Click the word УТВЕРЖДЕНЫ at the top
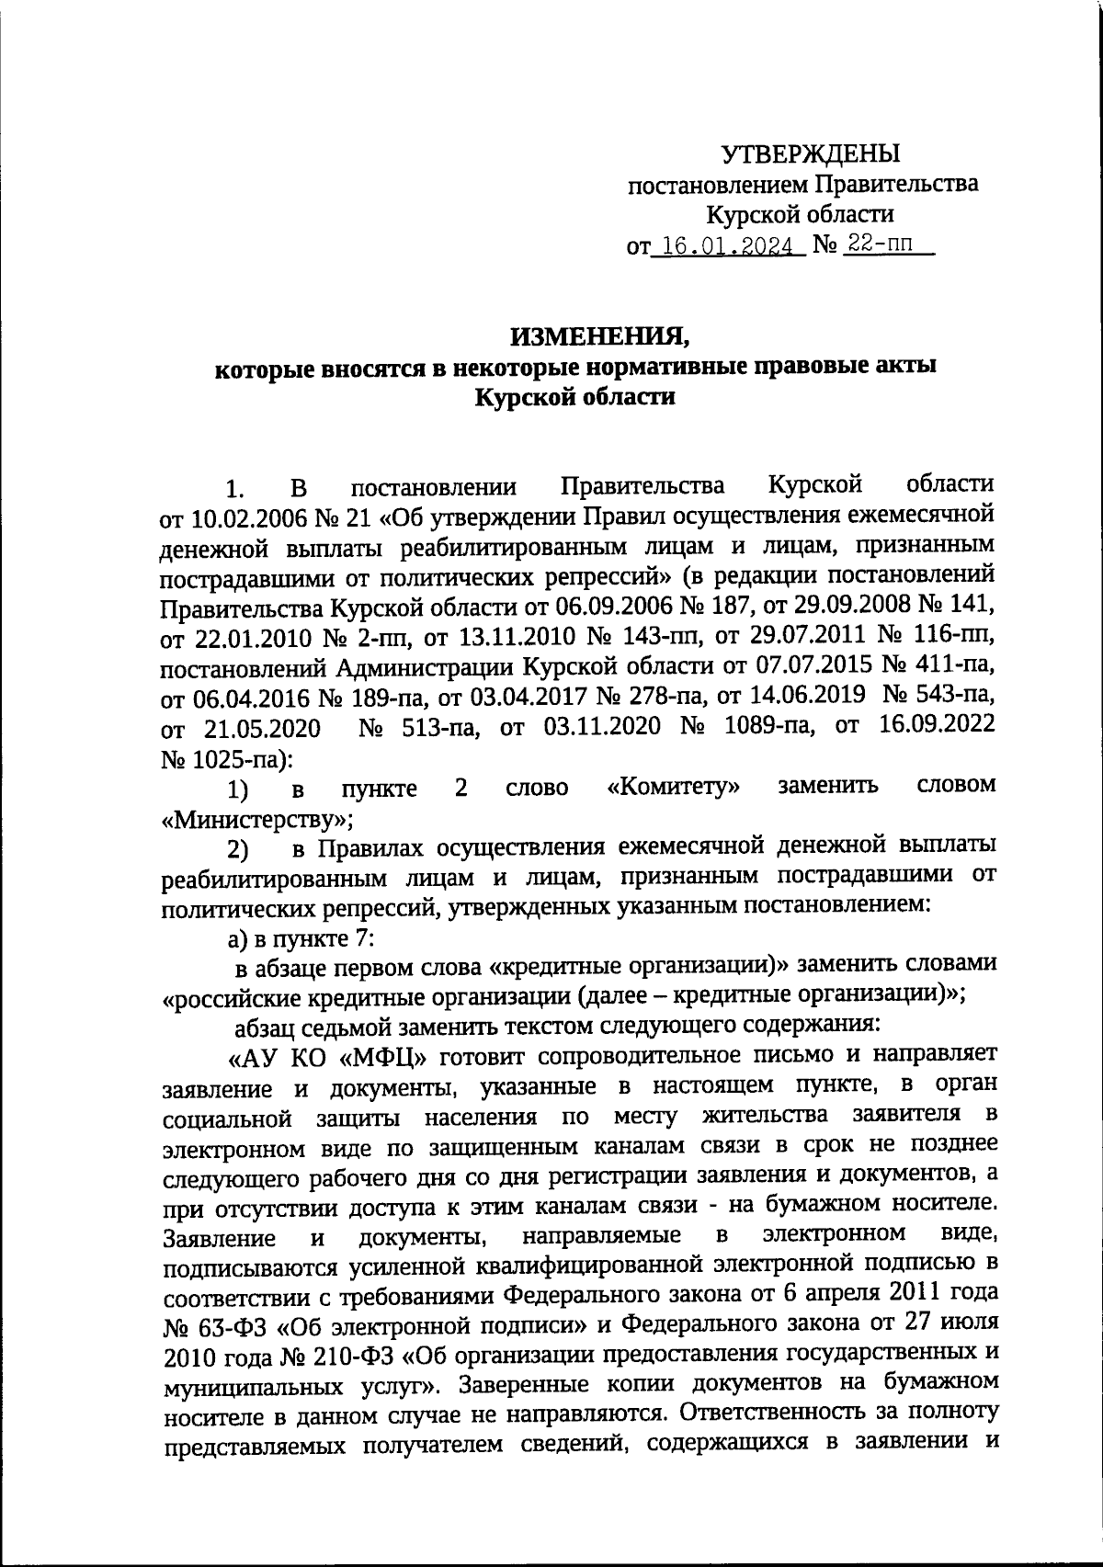pos(810,153)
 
